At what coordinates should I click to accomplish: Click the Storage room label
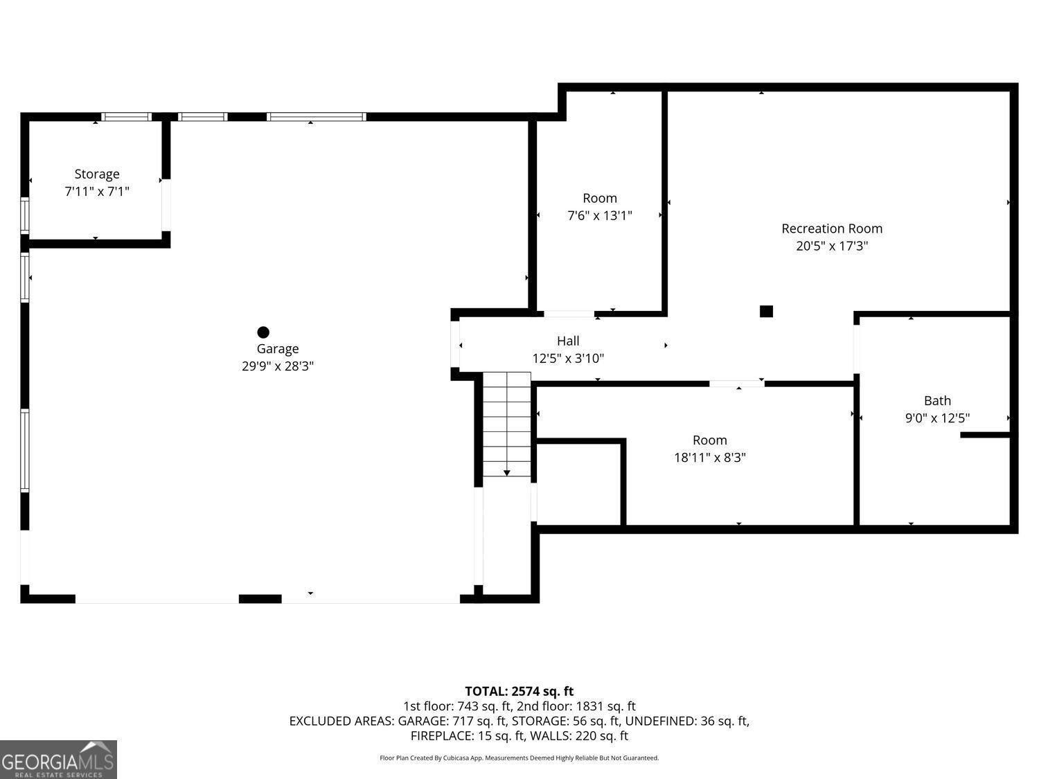(97, 174)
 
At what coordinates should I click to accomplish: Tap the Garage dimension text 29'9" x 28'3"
(277, 366)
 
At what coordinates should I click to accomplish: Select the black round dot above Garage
(263, 332)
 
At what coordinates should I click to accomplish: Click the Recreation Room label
(831, 229)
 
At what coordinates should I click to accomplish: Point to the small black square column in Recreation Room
(766, 311)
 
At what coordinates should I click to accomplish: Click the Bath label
(937, 400)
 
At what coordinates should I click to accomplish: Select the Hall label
(568, 341)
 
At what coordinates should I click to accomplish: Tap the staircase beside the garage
(507, 422)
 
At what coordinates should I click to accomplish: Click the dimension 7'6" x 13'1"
(599, 215)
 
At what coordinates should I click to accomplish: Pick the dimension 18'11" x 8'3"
(709, 457)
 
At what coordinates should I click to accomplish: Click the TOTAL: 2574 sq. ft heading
(519, 691)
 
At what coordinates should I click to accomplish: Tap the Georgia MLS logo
(58, 760)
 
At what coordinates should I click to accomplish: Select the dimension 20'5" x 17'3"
(831, 246)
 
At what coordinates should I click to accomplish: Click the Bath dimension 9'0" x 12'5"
(937, 418)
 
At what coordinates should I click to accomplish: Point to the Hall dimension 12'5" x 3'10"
(568, 359)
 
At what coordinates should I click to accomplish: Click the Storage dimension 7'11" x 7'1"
(97, 191)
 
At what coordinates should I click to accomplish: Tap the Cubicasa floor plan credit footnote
(519, 758)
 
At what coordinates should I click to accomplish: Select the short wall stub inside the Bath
(985, 435)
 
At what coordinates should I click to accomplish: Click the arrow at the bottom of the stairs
(507, 473)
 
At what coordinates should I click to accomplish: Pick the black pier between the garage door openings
(260, 598)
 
